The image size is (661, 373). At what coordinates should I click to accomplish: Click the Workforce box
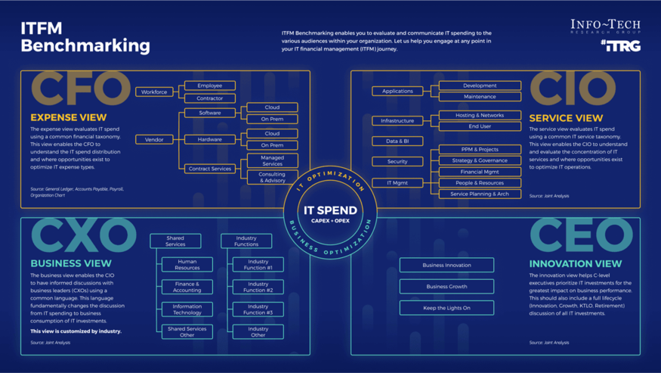click(x=154, y=92)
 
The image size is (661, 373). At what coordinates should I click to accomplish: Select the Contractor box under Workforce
click(x=209, y=98)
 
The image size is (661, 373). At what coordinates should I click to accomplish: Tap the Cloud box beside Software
click(x=272, y=107)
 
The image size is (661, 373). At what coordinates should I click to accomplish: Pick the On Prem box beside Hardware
click(x=272, y=145)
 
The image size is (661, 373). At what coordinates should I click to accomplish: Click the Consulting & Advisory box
click(x=272, y=177)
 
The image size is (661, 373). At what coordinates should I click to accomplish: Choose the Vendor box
click(x=154, y=139)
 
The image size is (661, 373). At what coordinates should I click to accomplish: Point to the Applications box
click(x=397, y=91)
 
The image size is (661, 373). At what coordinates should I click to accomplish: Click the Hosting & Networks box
click(x=480, y=115)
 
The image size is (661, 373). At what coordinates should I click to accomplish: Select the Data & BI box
click(x=397, y=141)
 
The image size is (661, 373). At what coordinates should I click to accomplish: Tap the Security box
click(x=397, y=161)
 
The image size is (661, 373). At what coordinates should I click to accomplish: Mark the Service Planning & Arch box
click(x=480, y=194)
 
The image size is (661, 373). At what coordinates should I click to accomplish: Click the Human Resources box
click(x=187, y=264)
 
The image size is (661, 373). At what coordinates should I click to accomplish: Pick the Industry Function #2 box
click(x=258, y=287)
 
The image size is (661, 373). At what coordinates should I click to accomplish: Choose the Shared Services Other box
click(x=187, y=331)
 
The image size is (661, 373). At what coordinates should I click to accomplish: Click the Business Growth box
click(x=446, y=287)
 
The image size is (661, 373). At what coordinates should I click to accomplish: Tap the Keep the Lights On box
click(x=446, y=308)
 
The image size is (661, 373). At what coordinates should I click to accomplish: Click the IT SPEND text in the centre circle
click(x=330, y=210)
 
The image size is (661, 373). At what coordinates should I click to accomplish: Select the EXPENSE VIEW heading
click(x=69, y=117)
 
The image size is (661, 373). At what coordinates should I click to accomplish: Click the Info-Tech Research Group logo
click(x=605, y=27)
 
